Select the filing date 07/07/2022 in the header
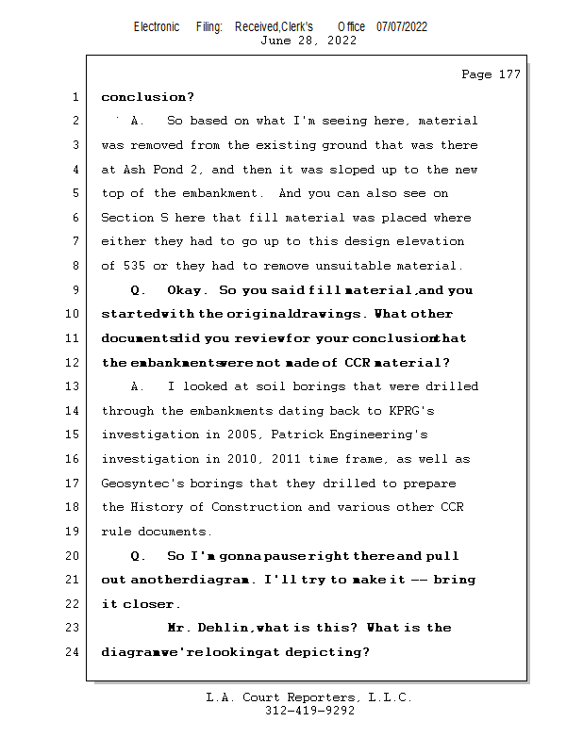402,26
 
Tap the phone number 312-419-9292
308,711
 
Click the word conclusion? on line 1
147,97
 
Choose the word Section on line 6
126,218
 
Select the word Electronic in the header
157,26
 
